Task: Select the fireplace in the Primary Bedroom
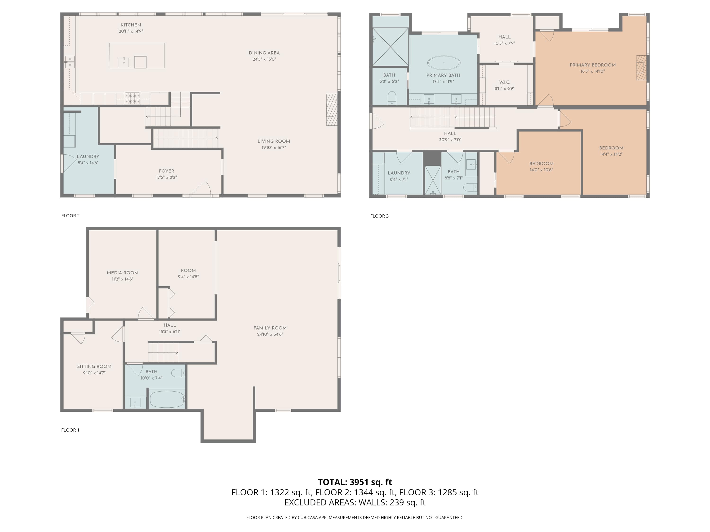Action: point(641,68)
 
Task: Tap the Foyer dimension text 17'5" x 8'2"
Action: point(167,177)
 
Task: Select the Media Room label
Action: point(123,273)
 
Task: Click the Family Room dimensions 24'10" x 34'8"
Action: point(270,334)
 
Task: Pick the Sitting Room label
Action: point(94,366)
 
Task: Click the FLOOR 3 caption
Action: point(379,216)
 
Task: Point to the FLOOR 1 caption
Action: point(70,430)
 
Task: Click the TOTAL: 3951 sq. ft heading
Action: point(355,482)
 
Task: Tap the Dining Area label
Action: point(264,53)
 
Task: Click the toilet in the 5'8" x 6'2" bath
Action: point(392,98)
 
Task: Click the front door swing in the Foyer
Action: point(201,188)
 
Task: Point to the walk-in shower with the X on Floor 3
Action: point(390,47)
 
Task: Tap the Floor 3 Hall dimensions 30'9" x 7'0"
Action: point(450,140)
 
